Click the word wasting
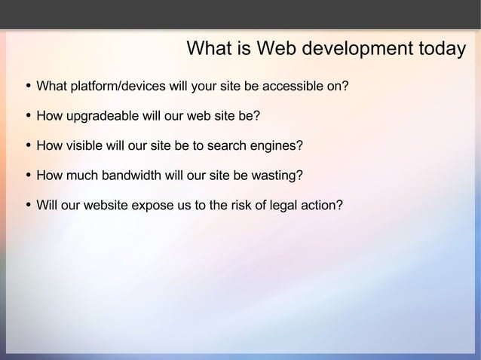pyautogui.click(x=279, y=175)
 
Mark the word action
pyautogui.click(x=324, y=205)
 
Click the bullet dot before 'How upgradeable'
pyautogui.click(x=28, y=117)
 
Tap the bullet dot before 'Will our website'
pyautogui.click(x=28, y=205)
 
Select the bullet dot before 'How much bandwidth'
pyautogui.click(x=28, y=175)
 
